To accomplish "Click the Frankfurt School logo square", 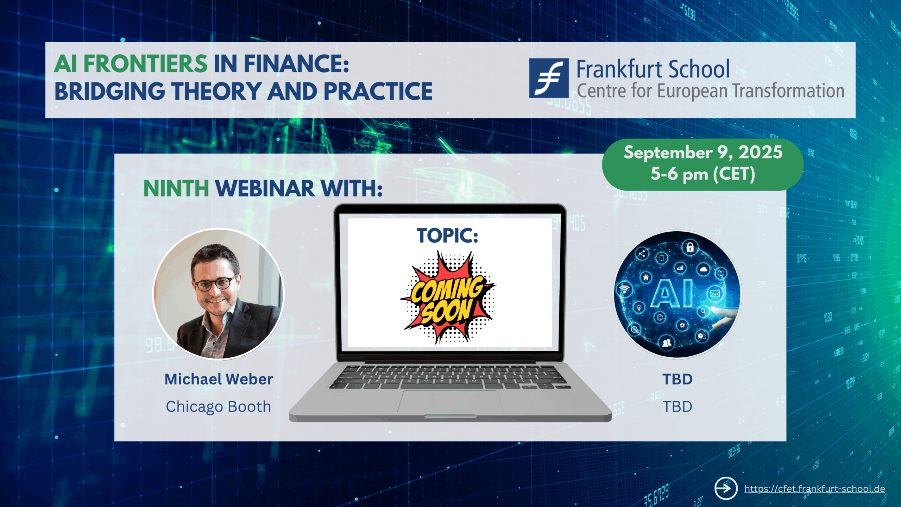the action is click(x=549, y=78).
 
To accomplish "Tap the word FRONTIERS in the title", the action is click(x=145, y=64).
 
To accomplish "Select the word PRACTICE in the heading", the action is click(x=378, y=92).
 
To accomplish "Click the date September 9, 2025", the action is click(x=703, y=153).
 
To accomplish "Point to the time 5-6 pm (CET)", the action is click(x=703, y=174).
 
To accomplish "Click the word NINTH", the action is click(x=176, y=189).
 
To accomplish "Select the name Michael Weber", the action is click(x=219, y=379).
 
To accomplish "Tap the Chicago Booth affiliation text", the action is click(x=219, y=407).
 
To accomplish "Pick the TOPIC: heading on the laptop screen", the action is click(x=447, y=235).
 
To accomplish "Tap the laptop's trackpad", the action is click(x=450, y=402).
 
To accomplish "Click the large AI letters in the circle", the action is click(x=672, y=293).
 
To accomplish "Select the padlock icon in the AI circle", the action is click(x=690, y=247).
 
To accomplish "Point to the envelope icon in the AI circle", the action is click(x=715, y=294).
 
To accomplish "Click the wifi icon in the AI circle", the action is click(x=624, y=289).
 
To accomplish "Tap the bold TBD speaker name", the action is click(x=678, y=379).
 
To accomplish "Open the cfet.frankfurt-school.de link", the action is click(x=814, y=489).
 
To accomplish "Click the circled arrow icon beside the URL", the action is click(x=726, y=488).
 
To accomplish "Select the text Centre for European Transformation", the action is click(x=711, y=91).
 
